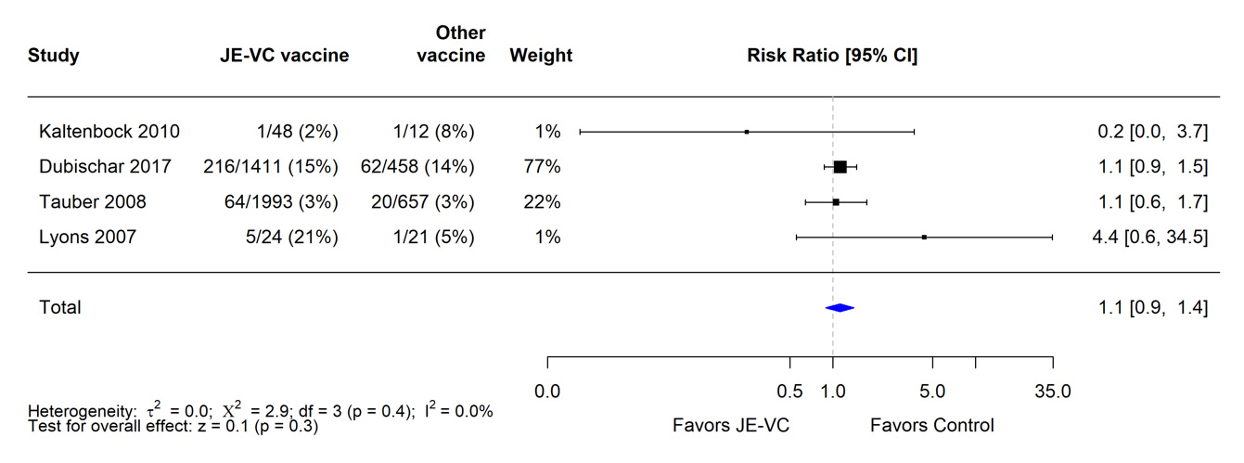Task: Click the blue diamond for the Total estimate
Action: tap(839, 308)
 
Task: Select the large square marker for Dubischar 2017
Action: tap(840, 167)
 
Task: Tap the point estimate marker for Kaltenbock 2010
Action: tap(747, 132)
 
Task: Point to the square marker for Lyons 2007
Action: tap(924, 238)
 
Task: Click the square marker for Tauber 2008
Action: tap(836, 202)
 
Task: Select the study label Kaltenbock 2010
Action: tap(109, 132)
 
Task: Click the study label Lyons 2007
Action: tap(87, 238)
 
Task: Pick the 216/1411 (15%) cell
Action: tap(271, 167)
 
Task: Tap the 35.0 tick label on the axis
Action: tap(1052, 391)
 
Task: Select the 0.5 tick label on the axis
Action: tap(789, 391)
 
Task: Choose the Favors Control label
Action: tap(931, 426)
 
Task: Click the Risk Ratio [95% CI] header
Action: tap(832, 56)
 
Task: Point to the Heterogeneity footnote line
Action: tap(261, 411)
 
